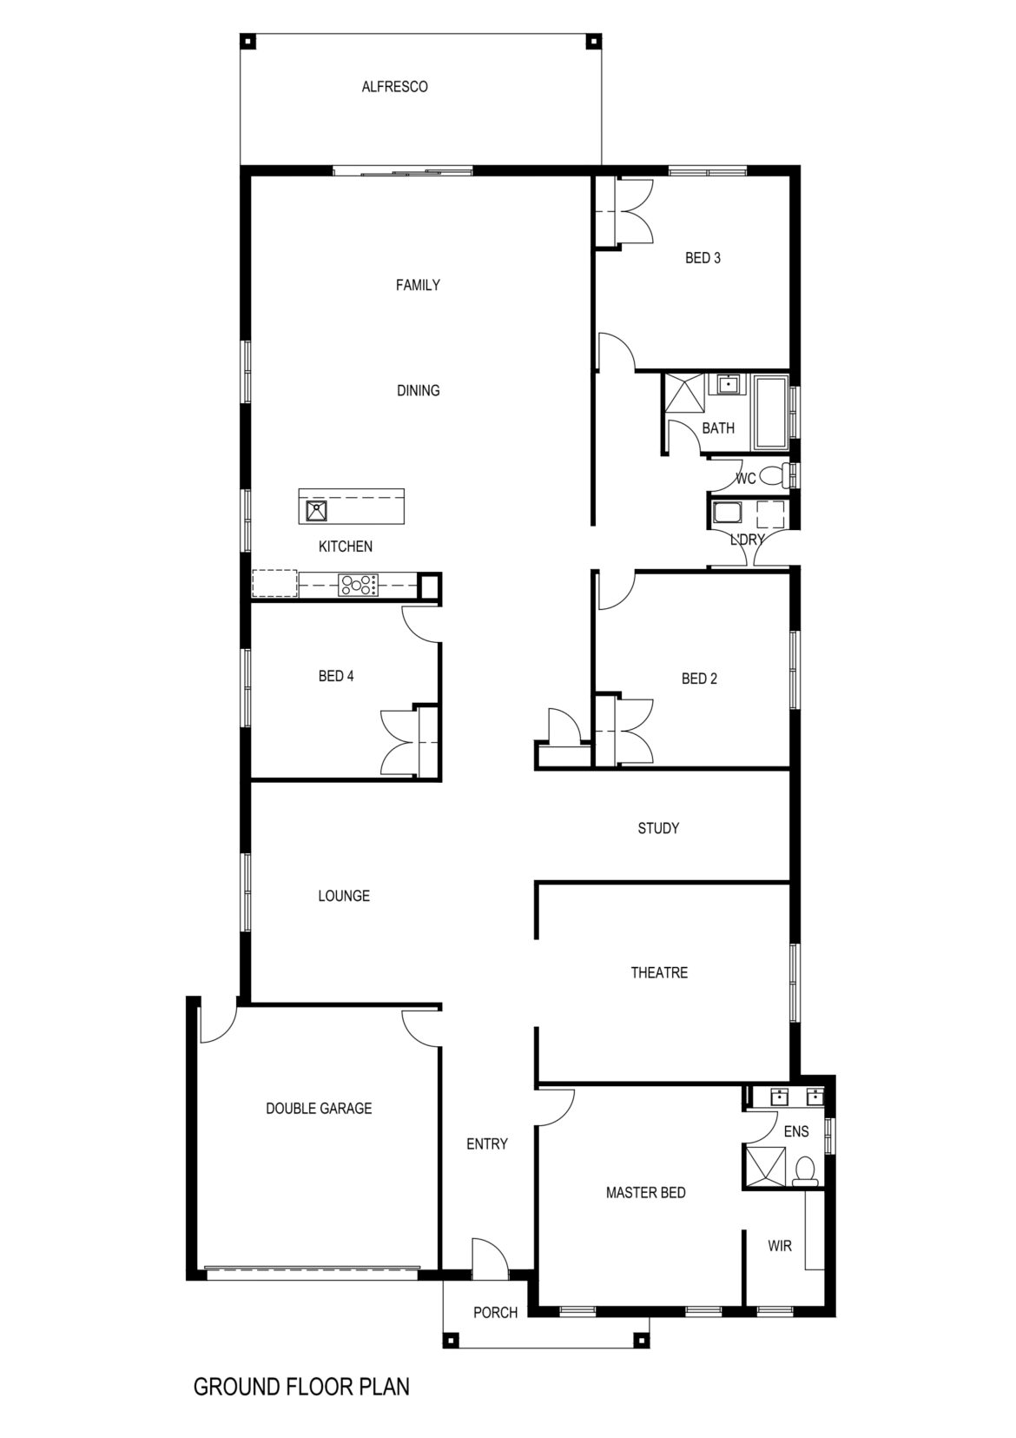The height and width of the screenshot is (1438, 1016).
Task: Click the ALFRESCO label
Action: point(394,87)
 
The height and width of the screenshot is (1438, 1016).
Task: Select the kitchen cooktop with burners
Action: point(359,585)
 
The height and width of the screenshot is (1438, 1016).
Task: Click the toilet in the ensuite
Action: point(805,1170)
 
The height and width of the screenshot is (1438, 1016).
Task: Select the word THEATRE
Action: point(659,973)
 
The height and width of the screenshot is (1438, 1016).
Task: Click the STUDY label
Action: point(658,829)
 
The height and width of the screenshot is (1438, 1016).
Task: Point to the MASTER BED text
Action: point(645,1193)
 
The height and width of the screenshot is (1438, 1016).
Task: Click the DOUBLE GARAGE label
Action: point(319,1109)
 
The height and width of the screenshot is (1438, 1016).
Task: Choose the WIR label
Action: point(780,1246)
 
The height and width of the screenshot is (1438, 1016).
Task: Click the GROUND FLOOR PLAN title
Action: point(301,1387)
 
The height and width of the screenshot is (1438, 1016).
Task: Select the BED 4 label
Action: point(336,676)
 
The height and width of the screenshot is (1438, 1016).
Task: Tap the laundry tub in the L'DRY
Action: point(723,513)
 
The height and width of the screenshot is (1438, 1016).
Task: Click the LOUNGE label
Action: point(344,896)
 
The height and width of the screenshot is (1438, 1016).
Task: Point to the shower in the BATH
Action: point(685,394)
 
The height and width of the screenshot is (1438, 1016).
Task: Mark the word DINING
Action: point(419,391)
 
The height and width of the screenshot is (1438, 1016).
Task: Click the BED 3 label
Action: point(703,258)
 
